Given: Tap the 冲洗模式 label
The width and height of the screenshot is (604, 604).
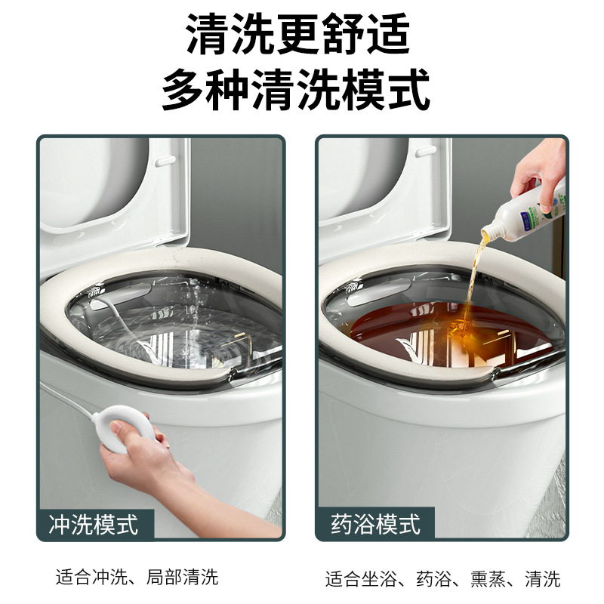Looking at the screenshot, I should [94, 524].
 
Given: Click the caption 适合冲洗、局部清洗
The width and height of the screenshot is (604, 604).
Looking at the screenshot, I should [137, 578].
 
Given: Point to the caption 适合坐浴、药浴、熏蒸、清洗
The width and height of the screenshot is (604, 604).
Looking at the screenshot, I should [442, 579].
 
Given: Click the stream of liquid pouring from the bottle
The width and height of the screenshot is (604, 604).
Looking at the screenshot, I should [475, 279].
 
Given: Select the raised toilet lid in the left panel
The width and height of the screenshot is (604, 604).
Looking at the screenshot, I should [113, 196].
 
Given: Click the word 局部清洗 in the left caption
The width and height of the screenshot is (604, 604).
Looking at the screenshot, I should [188, 578].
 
